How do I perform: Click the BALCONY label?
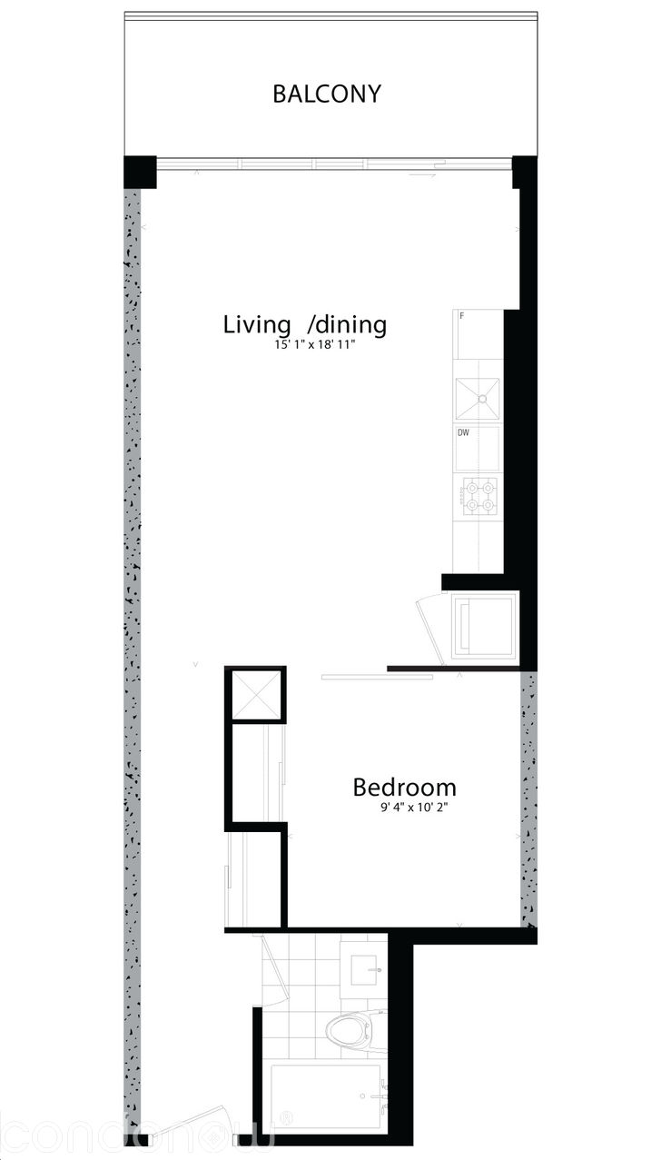(x=327, y=94)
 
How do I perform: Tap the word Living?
(x=258, y=324)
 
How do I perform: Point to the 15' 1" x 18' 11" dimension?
(x=304, y=345)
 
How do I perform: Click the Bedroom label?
(x=404, y=787)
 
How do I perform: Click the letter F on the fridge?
(x=462, y=316)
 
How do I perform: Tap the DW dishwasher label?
(x=463, y=433)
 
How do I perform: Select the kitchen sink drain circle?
(x=483, y=398)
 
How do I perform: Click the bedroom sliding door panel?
(x=364, y=676)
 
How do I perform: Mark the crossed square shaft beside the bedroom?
(x=255, y=695)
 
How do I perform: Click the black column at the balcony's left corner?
(x=140, y=172)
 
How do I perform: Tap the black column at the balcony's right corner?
(x=524, y=170)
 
